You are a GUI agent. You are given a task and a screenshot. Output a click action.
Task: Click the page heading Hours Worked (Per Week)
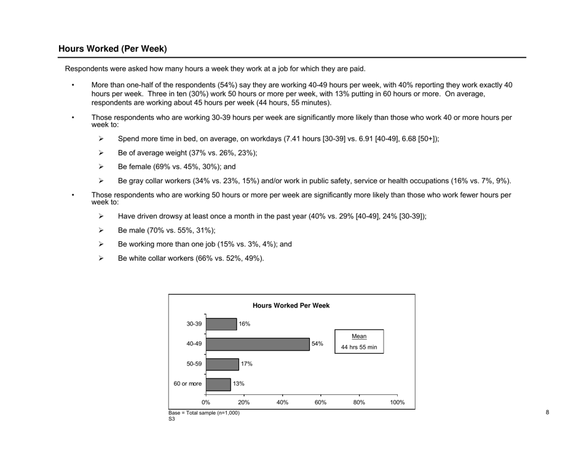click(112, 49)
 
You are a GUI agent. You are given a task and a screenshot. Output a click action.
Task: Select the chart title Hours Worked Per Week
click(291, 305)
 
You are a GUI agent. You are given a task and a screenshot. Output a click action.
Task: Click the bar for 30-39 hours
click(221, 324)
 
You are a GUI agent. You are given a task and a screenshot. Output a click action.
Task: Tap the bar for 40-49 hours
click(258, 344)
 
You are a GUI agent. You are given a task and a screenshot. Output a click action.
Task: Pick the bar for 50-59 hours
click(223, 364)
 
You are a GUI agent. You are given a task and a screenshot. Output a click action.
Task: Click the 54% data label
click(317, 344)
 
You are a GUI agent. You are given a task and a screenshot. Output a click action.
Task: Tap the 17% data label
click(247, 364)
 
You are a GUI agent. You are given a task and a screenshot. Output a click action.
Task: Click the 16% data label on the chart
click(245, 324)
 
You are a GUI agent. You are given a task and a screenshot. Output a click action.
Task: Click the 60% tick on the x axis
click(321, 402)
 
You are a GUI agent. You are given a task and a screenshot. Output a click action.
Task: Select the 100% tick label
click(397, 402)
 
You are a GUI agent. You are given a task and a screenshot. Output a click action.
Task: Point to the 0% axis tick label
click(206, 402)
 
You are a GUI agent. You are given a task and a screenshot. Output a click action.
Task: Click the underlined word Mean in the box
click(359, 337)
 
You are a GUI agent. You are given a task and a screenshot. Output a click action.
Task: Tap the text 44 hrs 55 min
click(359, 348)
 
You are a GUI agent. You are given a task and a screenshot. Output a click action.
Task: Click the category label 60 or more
click(187, 383)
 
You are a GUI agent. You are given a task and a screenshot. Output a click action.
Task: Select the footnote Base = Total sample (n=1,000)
click(203, 412)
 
